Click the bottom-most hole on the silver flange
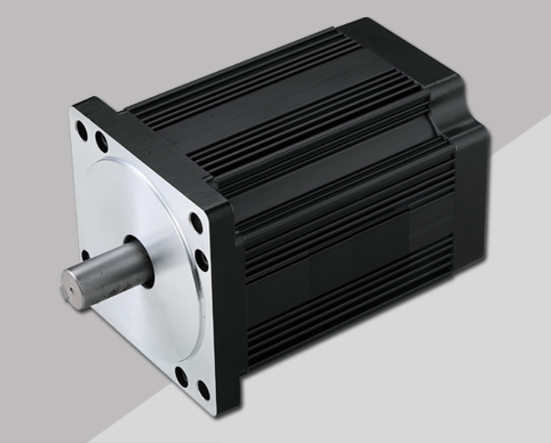[203, 390]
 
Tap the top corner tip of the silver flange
[73, 110]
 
